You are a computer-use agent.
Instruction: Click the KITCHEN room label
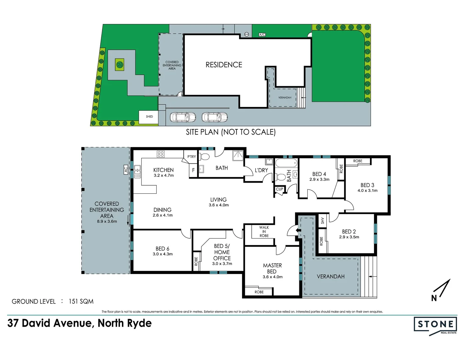163,170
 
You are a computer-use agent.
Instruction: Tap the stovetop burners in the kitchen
161,154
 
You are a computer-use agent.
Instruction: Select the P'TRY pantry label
192,157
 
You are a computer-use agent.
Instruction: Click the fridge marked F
193,170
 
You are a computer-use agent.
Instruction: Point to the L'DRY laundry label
261,170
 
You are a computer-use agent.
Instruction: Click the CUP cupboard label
279,189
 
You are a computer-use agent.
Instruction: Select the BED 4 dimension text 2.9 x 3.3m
319,180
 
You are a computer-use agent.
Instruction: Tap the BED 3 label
367,185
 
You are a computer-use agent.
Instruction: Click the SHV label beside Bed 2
322,220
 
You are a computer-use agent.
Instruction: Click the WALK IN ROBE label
264,232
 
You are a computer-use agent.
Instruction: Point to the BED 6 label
162,249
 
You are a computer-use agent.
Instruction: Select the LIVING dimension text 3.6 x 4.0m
219,205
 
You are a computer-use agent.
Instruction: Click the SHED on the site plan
149,117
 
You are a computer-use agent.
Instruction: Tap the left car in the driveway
183,117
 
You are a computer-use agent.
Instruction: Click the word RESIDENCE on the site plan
224,65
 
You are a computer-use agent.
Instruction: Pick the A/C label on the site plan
262,35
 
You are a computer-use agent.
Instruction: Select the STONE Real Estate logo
435,325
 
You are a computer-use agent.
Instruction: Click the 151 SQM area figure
81,301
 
